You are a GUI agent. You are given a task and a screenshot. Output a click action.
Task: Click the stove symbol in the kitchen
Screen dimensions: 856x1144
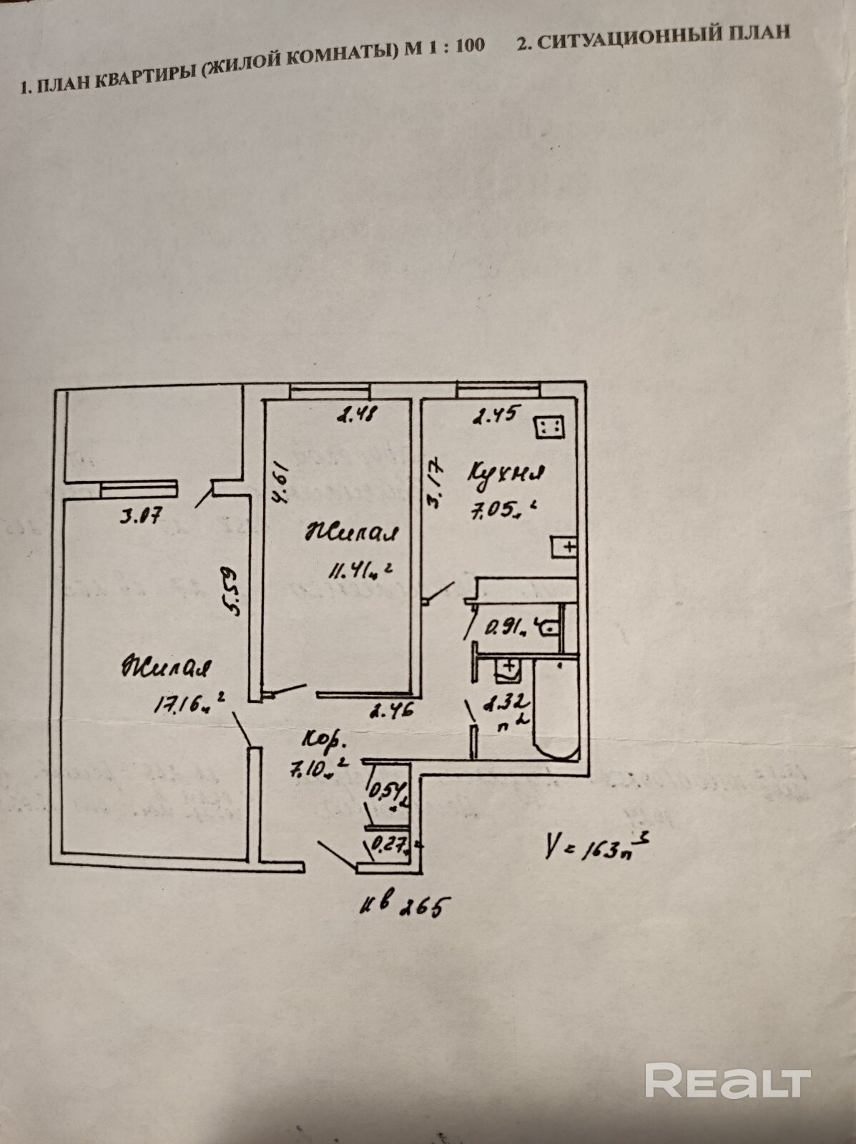tap(550, 428)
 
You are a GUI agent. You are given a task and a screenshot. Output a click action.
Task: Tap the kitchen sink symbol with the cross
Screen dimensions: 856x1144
tap(565, 548)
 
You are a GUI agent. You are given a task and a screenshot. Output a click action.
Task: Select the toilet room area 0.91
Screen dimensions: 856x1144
tap(505, 628)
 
